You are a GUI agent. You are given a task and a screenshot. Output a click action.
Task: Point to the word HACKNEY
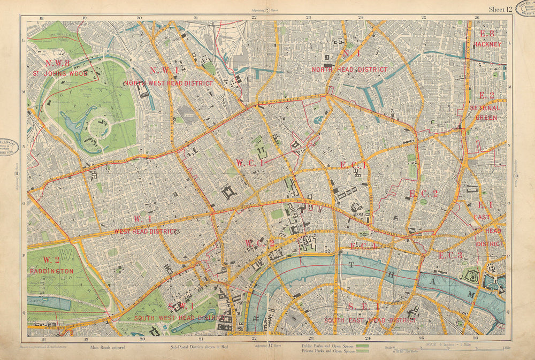click(x=487, y=44)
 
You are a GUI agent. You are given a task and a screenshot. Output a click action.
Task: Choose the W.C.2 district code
click(x=259, y=243)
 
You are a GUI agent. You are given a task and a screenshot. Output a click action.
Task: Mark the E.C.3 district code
click(x=450, y=256)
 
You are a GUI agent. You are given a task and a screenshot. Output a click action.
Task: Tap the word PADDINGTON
click(x=51, y=271)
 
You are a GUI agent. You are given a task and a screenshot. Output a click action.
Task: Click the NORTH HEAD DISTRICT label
click(x=349, y=70)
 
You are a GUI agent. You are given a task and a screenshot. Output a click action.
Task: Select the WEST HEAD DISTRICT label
click(x=146, y=232)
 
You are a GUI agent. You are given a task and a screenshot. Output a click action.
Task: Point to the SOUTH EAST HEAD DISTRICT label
click(x=370, y=320)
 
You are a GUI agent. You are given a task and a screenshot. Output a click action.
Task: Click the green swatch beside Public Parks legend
click(x=362, y=346)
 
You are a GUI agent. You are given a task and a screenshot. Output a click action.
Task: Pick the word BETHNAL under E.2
click(x=486, y=108)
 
